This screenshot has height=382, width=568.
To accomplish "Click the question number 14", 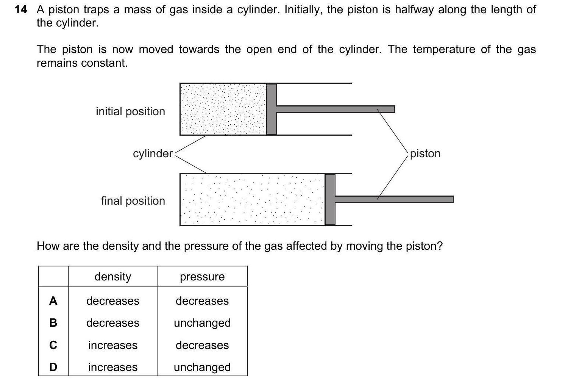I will [x=21, y=10].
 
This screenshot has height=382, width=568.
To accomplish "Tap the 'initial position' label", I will [x=130, y=111].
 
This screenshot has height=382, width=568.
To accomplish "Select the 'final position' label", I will [x=133, y=201].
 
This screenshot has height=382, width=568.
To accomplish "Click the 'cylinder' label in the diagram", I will [x=153, y=153].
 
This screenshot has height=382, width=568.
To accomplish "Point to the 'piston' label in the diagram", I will [x=425, y=153].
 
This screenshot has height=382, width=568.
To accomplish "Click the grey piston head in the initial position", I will [x=272, y=109].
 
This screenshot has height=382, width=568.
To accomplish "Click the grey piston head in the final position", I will [x=330, y=199].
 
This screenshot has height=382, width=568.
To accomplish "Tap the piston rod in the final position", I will [x=394, y=199].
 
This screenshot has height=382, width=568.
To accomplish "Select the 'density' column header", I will [x=113, y=277].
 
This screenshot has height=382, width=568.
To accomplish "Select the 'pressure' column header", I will [x=202, y=277].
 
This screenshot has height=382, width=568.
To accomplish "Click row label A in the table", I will [x=53, y=301].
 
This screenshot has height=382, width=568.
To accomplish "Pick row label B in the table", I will [x=53, y=323].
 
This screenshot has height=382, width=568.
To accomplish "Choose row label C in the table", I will [x=53, y=345].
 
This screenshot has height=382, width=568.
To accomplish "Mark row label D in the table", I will [x=53, y=367].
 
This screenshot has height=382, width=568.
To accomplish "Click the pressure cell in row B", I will [x=202, y=323].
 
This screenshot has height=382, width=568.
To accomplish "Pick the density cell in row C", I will [x=113, y=345].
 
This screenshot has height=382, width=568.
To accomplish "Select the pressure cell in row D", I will [x=202, y=367].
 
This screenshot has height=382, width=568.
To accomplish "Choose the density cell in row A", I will [x=113, y=301].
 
